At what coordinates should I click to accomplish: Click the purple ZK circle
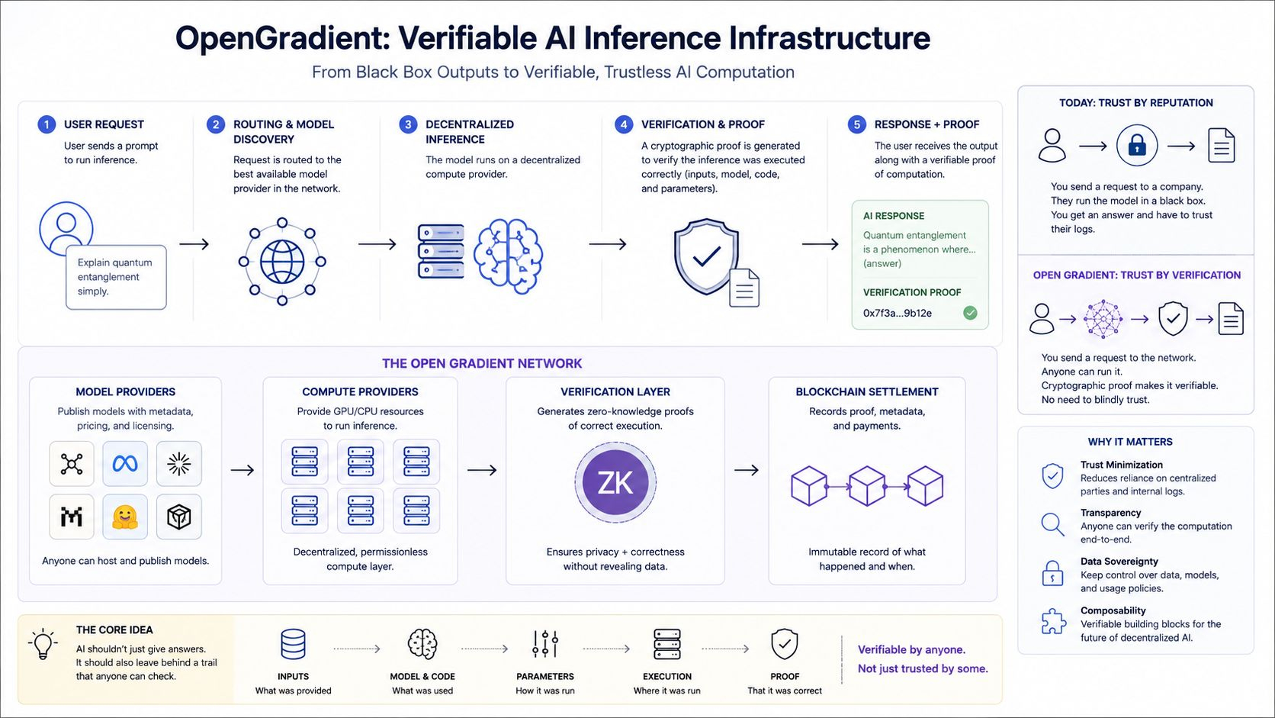[615, 482]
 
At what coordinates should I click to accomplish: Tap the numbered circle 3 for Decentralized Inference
[407, 124]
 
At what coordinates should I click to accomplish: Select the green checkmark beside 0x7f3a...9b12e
[970, 313]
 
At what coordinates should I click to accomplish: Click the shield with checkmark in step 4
[706, 256]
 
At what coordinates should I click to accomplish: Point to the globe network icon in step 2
[281, 262]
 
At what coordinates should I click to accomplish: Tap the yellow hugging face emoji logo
[124, 517]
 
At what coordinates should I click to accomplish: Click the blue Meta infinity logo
[124, 463]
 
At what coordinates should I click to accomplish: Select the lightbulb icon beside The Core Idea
[43, 644]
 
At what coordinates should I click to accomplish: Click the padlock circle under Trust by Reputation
[1136, 145]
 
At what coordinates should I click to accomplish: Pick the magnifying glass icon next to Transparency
[1052, 524]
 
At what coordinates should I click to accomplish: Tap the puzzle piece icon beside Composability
[1053, 621]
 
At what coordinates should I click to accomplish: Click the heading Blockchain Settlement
[866, 391]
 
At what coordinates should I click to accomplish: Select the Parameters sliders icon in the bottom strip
[544, 644]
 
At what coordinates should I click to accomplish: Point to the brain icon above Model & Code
[422, 644]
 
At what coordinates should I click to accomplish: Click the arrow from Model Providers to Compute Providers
[242, 470]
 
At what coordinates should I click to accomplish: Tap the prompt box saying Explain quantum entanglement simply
[116, 277]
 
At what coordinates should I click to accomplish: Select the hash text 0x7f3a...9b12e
[897, 313]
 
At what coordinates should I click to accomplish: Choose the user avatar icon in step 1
[66, 227]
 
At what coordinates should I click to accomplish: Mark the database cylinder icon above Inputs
[293, 644]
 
